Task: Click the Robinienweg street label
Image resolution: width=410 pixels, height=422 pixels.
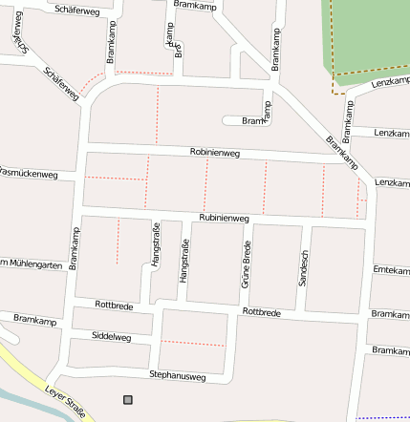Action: click(214, 152)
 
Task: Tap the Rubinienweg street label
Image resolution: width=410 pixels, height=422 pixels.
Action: click(224, 219)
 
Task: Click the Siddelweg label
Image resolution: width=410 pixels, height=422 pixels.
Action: click(111, 337)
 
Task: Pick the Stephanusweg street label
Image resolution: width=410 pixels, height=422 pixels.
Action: click(177, 376)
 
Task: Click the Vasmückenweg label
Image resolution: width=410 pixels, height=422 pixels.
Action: click(28, 174)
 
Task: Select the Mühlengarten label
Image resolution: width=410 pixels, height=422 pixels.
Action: click(32, 264)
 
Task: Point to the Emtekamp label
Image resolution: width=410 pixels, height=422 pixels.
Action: click(391, 270)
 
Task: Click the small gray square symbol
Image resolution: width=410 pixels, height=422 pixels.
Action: click(128, 399)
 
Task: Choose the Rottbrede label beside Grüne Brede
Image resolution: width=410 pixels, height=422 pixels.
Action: click(261, 312)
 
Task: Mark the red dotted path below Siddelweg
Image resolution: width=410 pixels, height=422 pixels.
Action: click(192, 343)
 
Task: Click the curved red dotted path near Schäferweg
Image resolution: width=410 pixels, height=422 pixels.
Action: click(92, 82)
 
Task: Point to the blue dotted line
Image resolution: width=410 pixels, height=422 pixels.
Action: click(382, 418)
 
